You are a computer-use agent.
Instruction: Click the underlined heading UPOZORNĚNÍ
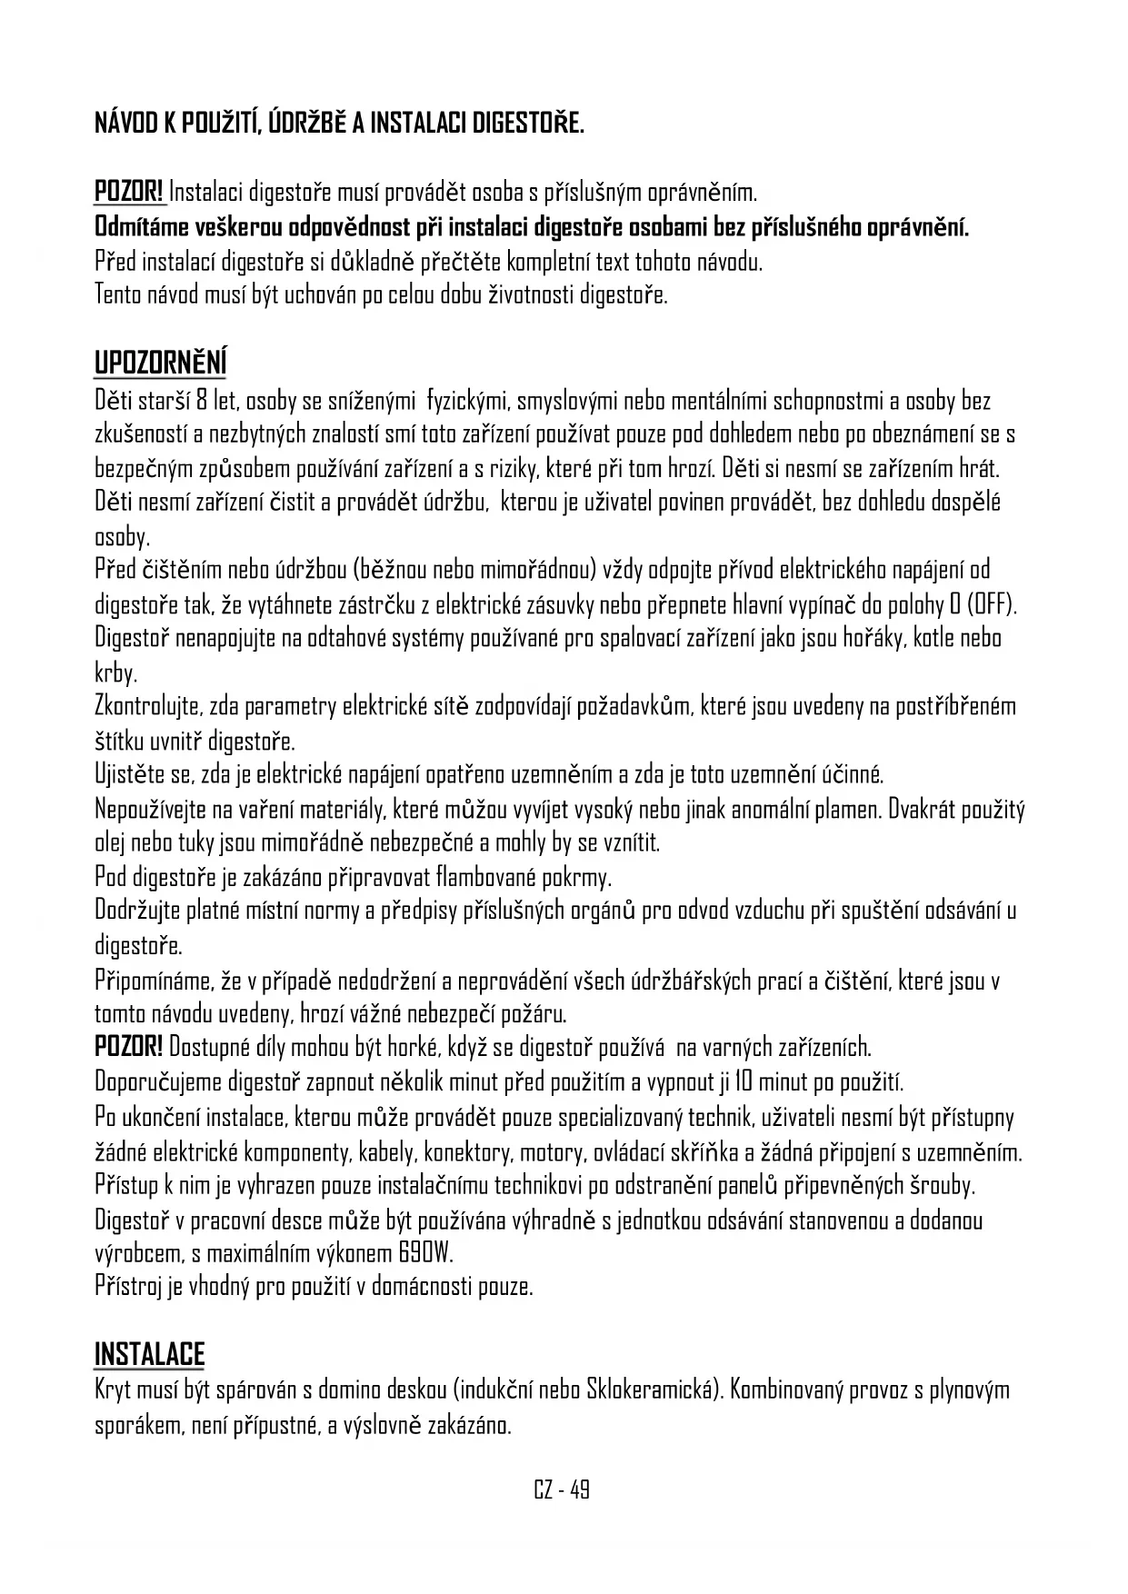[x=161, y=362]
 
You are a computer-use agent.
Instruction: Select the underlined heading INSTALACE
[x=150, y=1353]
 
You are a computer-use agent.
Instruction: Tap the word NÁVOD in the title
[x=126, y=124]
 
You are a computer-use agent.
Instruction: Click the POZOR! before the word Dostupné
[x=129, y=1048]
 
